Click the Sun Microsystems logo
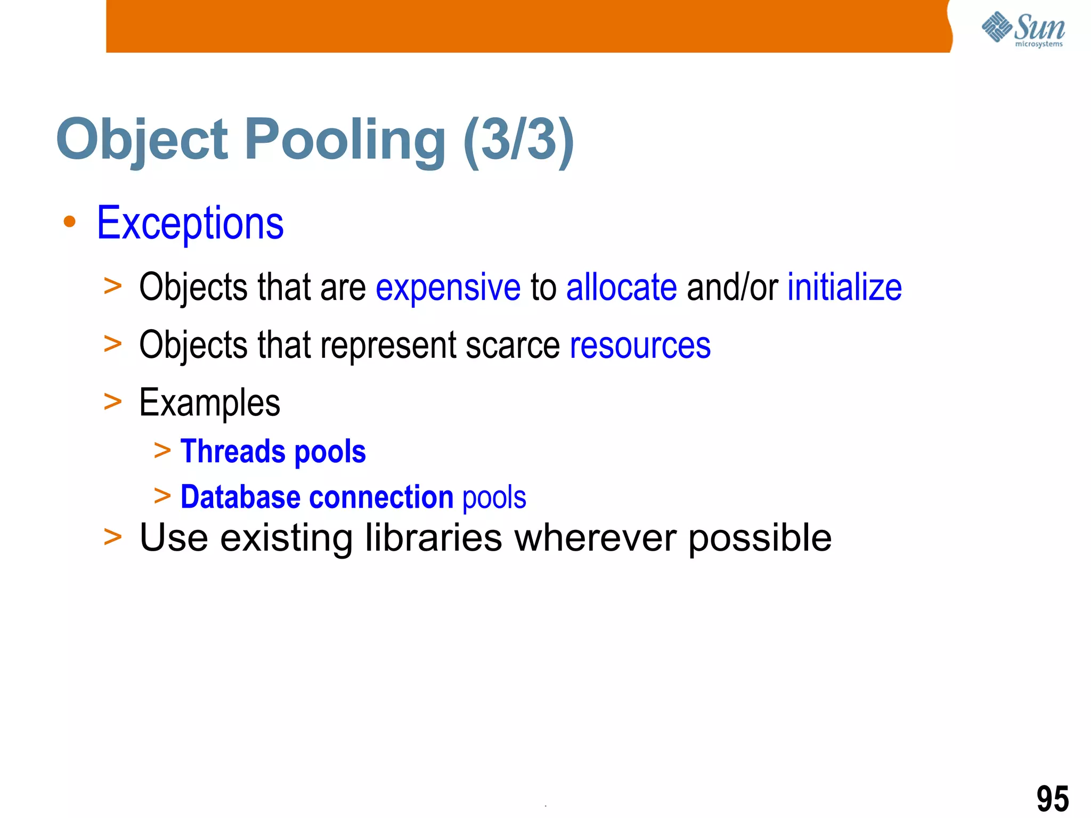1023,29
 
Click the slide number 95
1052,798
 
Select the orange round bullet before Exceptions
69,222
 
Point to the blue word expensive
448,288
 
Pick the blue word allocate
621,288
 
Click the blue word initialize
844,288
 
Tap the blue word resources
640,346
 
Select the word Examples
209,403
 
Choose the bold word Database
240,497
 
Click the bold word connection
381,497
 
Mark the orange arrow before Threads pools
162,451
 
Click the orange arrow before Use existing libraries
113,537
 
